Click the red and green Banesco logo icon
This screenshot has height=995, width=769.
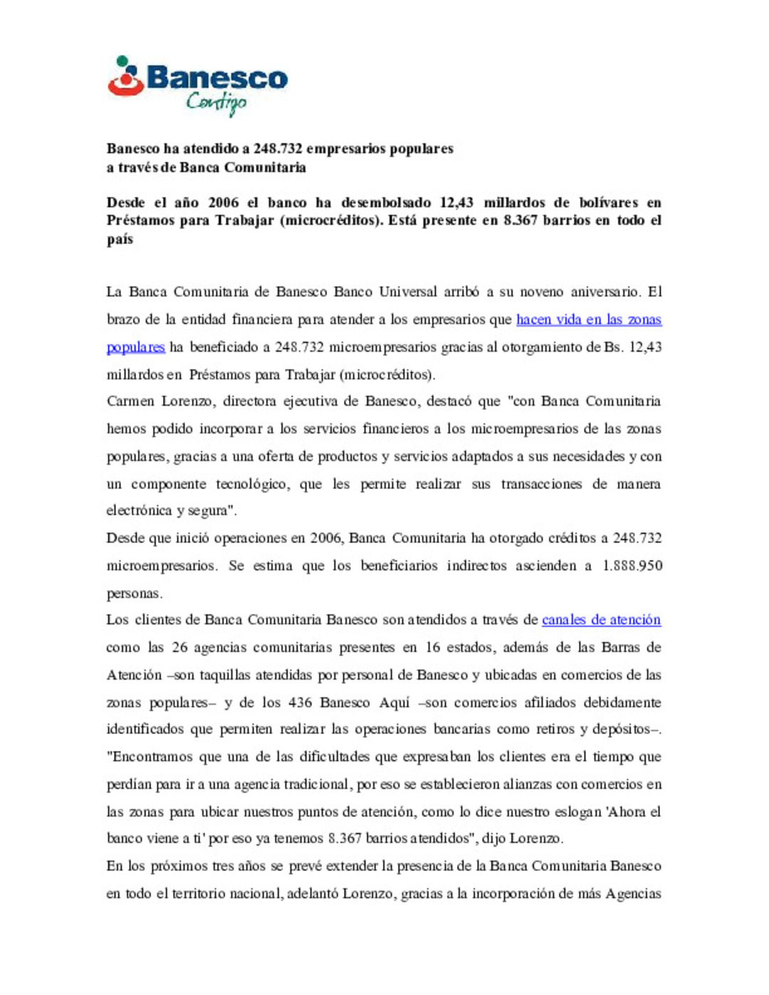126,76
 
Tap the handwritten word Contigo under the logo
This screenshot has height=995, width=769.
216,103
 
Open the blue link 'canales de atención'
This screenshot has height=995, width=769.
601,620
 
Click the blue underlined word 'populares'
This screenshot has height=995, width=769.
135,347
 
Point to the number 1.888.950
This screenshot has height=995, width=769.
632,566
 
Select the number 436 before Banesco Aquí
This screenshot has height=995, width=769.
300,702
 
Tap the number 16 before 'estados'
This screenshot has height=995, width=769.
433,648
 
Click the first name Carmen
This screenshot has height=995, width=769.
130,401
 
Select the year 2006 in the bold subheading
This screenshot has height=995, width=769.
224,203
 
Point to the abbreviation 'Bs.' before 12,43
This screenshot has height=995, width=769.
613,347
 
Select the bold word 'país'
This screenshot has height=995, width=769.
120,239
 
